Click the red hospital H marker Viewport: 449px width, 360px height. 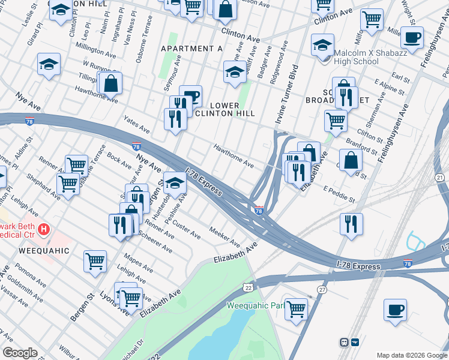(43, 229)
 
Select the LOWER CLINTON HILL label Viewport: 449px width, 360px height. (225, 109)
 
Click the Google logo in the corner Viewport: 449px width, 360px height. (20, 353)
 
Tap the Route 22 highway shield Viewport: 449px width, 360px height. (247, 289)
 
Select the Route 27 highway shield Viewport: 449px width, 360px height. (322, 290)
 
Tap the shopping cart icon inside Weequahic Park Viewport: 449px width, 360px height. (296, 308)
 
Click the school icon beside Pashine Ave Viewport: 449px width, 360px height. (175, 183)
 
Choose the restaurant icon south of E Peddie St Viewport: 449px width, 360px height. (351, 224)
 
